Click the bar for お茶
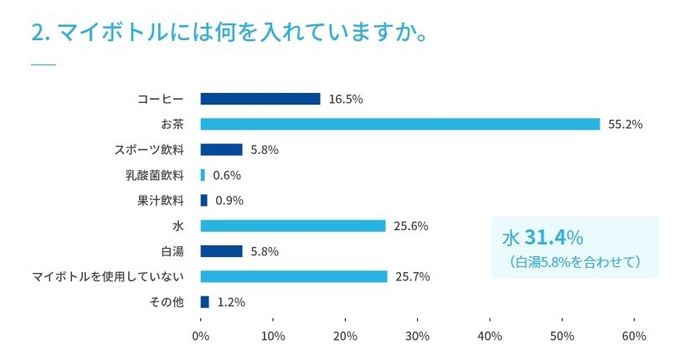coord(400,124)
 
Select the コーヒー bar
coord(260,99)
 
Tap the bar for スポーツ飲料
coord(221,150)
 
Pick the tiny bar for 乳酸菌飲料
coord(203,175)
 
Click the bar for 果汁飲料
coord(203,200)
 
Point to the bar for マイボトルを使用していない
coord(294,276)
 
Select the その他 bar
coord(204,301)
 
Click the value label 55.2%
coord(626,125)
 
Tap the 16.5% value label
coord(346,99)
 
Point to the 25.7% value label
coord(413,276)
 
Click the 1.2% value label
coord(231,302)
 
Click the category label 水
coord(178,226)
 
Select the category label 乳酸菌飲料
coord(153,175)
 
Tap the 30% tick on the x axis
coord(417,336)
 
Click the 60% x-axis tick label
coord(634,336)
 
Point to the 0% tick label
coord(201,336)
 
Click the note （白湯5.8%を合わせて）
coord(574,262)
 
